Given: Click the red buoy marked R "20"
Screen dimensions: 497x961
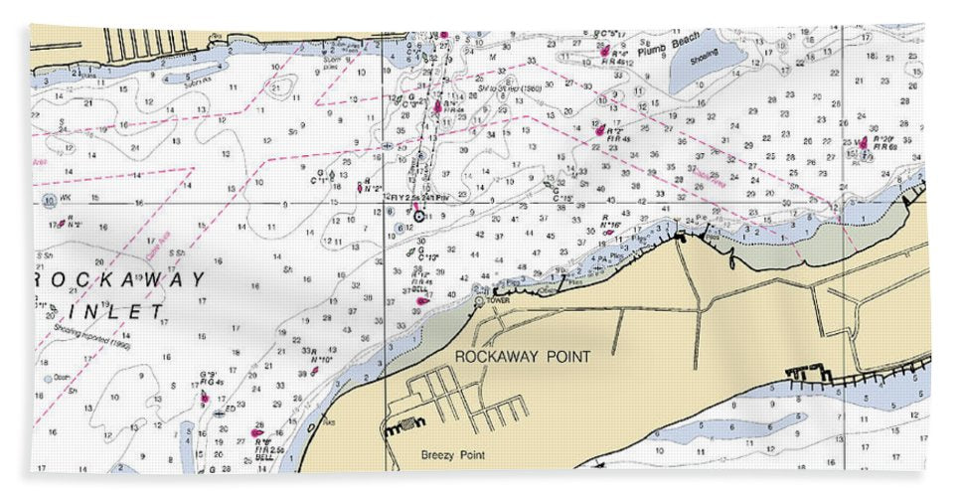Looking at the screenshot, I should (x=863, y=143).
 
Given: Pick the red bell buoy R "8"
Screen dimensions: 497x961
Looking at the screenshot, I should (x=258, y=431).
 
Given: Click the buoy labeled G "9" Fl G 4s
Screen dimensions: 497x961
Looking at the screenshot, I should (x=205, y=397).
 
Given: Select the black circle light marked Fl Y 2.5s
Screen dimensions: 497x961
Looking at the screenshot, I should (x=419, y=216).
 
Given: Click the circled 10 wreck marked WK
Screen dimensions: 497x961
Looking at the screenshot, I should (x=50, y=199).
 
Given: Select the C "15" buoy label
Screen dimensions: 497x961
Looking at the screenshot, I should (x=562, y=199).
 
